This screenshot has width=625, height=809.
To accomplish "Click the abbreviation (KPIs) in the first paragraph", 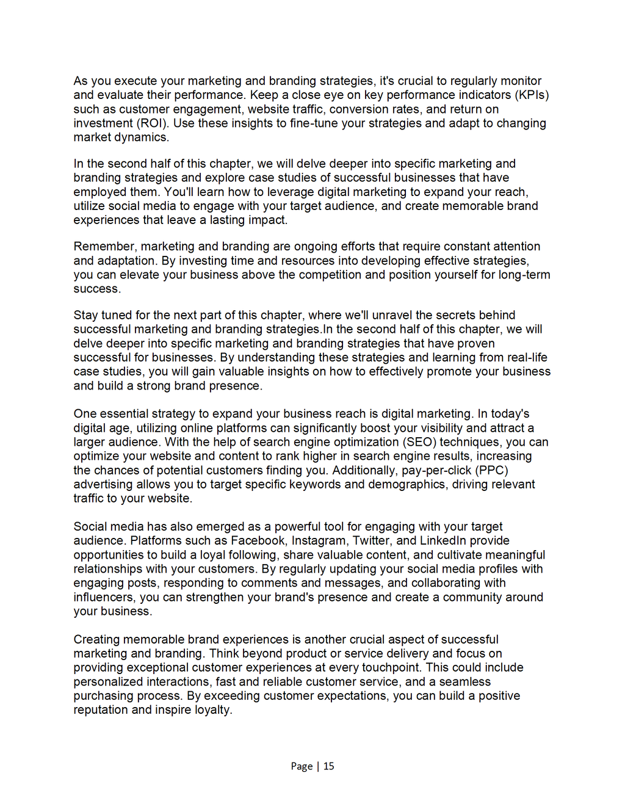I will coord(532,95).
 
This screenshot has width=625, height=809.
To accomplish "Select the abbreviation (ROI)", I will coord(153,123).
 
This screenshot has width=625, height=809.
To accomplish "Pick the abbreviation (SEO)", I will coord(419,442).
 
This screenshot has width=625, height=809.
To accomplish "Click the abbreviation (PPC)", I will coord(492,470).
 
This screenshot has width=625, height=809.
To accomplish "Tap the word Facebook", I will coord(258,541).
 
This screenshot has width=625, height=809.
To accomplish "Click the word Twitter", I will coord(373,541).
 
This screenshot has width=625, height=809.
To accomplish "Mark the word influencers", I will coord(104,597).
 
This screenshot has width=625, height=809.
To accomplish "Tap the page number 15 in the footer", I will coord(329,766).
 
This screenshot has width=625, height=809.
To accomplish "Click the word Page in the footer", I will coord(302,766).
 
